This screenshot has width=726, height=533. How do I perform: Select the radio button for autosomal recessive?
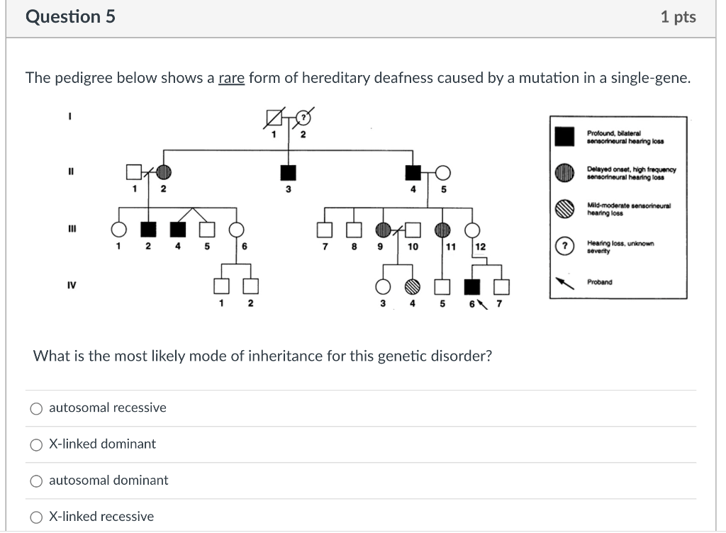coord(36,408)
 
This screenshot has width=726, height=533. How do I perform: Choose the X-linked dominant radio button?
coord(36,444)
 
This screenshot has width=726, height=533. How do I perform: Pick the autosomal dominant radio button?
coord(36,481)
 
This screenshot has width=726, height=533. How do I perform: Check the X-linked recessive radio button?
coord(36,517)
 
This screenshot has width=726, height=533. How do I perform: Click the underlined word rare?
coord(231,78)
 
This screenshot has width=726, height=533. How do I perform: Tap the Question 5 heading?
coord(70,17)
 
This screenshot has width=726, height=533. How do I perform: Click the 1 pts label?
coord(678,17)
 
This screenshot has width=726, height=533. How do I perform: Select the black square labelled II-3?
coord(288,172)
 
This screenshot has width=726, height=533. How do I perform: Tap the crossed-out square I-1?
coord(274,117)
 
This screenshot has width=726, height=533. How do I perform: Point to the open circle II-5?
coord(443,172)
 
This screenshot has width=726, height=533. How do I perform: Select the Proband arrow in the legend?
coord(564,282)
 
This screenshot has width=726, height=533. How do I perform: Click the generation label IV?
coord(72,285)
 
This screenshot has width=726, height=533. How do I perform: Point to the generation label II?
coord(72,172)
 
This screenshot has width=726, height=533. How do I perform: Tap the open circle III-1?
coord(118,229)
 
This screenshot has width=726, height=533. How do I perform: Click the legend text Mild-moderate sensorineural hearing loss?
coord(628,208)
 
